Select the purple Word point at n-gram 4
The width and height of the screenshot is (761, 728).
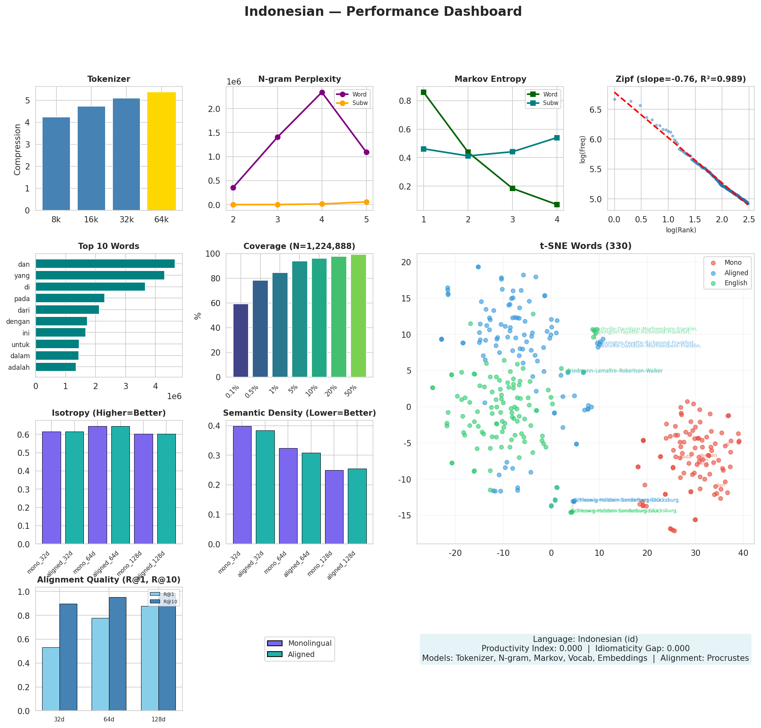coord(322,92)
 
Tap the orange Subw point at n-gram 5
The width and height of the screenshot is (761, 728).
coord(366,201)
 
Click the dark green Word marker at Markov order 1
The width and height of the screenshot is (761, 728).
coord(424,92)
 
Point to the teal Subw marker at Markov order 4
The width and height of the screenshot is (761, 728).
coord(557,138)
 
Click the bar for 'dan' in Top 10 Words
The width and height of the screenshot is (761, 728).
coord(105,264)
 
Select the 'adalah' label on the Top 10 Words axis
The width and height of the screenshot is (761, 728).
coord(19,367)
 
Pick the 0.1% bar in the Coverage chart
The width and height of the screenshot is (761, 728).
coord(241,340)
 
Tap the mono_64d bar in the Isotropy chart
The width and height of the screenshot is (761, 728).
coord(97,485)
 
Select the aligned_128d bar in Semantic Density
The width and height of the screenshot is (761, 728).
coord(357,506)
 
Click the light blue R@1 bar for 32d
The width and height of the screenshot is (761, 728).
coord(51,679)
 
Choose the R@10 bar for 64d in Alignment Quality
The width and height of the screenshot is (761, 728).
coord(117,654)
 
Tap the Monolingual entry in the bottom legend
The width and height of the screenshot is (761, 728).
coord(309,643)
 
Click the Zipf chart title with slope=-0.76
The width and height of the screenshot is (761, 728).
coord(681,79)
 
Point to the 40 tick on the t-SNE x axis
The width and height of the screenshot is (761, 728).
coord(743,553)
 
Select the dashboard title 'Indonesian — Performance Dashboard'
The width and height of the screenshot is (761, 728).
coord(383,12)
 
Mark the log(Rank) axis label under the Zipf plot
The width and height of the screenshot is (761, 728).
coord(681,230)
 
